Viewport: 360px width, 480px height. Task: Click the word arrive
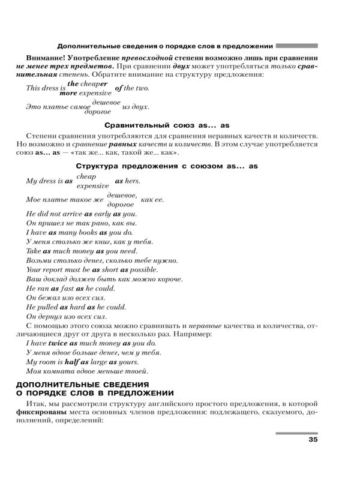pos(71,213)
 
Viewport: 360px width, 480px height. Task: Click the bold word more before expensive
pos(68,93)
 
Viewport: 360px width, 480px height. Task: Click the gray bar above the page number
pos(296,433)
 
